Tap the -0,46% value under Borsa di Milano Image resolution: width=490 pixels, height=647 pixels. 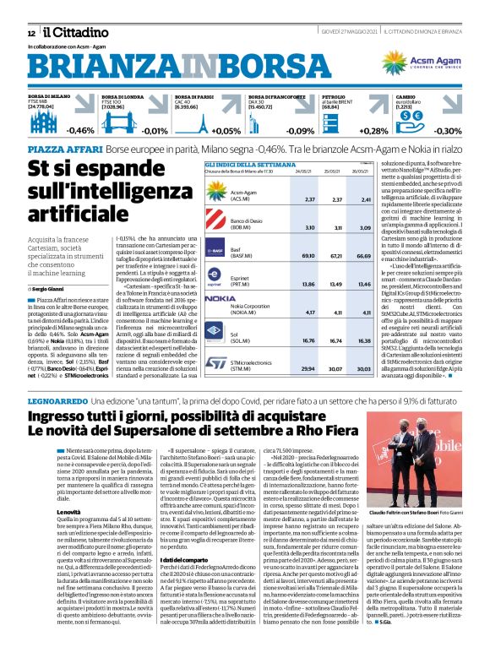[81, 131]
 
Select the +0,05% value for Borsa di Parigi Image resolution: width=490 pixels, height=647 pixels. [226, 131]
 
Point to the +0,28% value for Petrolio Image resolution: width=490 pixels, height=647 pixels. [373, 131]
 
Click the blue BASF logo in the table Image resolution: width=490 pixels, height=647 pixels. [219, 251]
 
